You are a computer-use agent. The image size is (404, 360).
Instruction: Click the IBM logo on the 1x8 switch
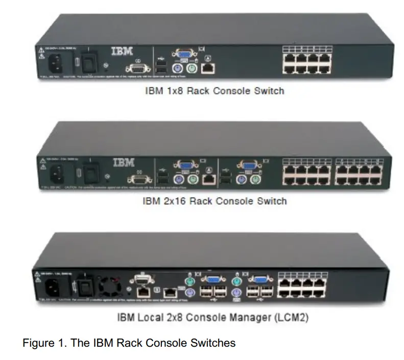click(x=122, y=52)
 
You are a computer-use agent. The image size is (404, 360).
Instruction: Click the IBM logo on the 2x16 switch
click(x=123, y=163)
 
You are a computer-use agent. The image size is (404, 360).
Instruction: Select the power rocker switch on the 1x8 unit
click(x=91, y=60)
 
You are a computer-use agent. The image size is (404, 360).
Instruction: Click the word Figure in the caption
click(x=35, y=343)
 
